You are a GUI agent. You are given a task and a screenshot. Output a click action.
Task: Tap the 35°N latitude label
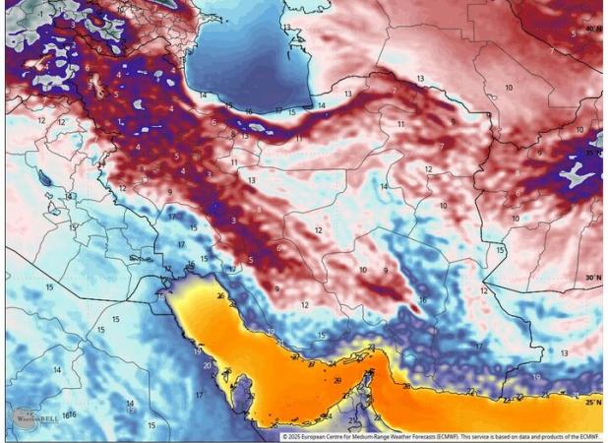(x=592, y=155)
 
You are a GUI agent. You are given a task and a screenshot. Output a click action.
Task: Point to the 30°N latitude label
(x=592, y=279)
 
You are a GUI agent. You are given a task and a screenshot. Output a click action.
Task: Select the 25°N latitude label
(x=592, y=402)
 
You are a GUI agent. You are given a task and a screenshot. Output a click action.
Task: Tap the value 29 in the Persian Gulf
(x=337, y=379)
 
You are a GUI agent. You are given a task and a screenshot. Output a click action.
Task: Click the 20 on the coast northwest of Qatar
(x=208, y=365)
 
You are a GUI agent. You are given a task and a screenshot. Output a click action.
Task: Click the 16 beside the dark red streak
(x=423, y=300)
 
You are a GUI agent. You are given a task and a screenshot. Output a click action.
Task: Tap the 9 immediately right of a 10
(x=386, y=270)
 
